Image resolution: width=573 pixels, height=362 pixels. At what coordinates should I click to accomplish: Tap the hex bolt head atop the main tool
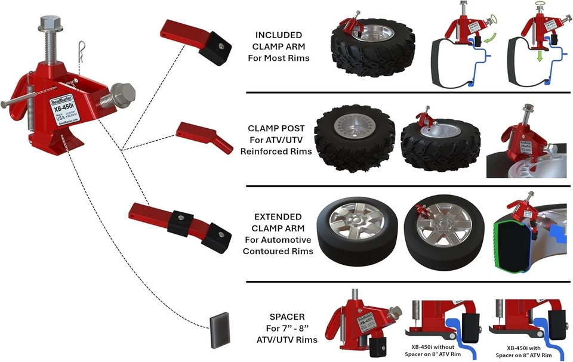click(48, 25)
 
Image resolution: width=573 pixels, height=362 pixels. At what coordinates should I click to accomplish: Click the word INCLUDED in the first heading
click(278, 35)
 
